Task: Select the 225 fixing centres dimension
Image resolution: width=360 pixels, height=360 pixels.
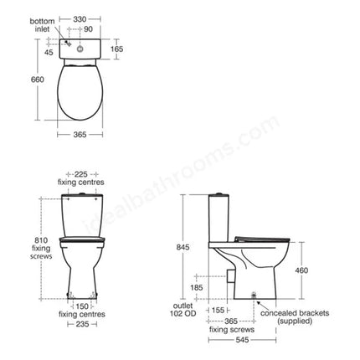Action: click(80, 172)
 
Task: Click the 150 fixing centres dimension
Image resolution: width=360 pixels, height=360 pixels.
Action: click(81, 306)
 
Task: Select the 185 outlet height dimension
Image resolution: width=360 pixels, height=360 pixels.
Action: click(196, 286)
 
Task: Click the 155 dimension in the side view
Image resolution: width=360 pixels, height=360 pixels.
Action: click(218, 310)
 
